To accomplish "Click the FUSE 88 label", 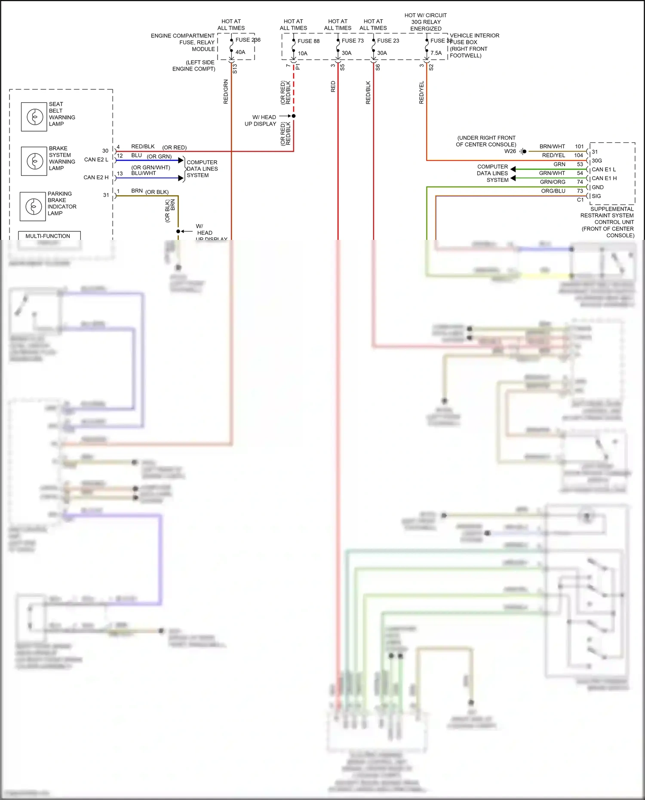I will pyautogui.click(x=308, y=41).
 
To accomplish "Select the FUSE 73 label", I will pyautogui.click(x=353, y=41).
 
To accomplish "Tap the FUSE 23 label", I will pyautogui.click(x=388, y=41).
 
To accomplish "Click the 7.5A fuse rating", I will pyautogui.click(x=436, y=53).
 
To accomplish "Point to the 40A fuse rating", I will pyautogui.click(x=240, y=52).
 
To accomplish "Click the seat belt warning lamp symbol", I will pyautogui.click(x=34, y=117).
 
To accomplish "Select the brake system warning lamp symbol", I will pyautogui.click(x=34, y=161).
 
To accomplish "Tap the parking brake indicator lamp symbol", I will pyautogui.click(x=33, y=206).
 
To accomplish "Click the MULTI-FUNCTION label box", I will pyautogui.click(x=48, y=236).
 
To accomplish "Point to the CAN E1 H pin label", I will pyautogui.click(x=604, y=178).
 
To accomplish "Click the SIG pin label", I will pyautogui.click(x=596, y=196).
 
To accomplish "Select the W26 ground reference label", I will pyautogui.click(x=510, y=151).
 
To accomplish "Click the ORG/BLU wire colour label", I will pyautogui.click(x=553, y=191).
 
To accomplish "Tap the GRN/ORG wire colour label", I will pyautogui.click(x=553, y=182).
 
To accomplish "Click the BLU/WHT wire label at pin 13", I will pyautogui.click(x=144, y=173).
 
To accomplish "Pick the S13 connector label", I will pyautogui.click(x=235, y=69).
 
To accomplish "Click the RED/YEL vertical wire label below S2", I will pyautogui.click(x=421, y=92).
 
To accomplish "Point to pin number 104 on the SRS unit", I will pyautogui.click(x=578, y=155).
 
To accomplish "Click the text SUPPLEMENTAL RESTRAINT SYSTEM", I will pyautogui.click(x=607, y=212).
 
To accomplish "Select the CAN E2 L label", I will pyautogui.click(x=96, y=159).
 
